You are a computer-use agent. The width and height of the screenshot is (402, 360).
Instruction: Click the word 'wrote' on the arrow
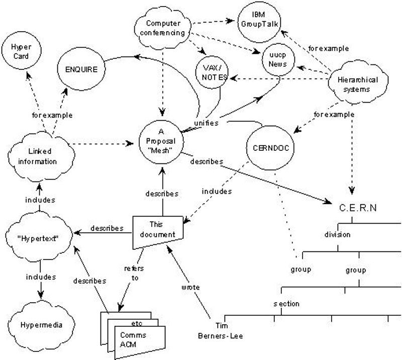(192, 288)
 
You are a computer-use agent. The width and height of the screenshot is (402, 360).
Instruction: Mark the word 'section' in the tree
(286, 304)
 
